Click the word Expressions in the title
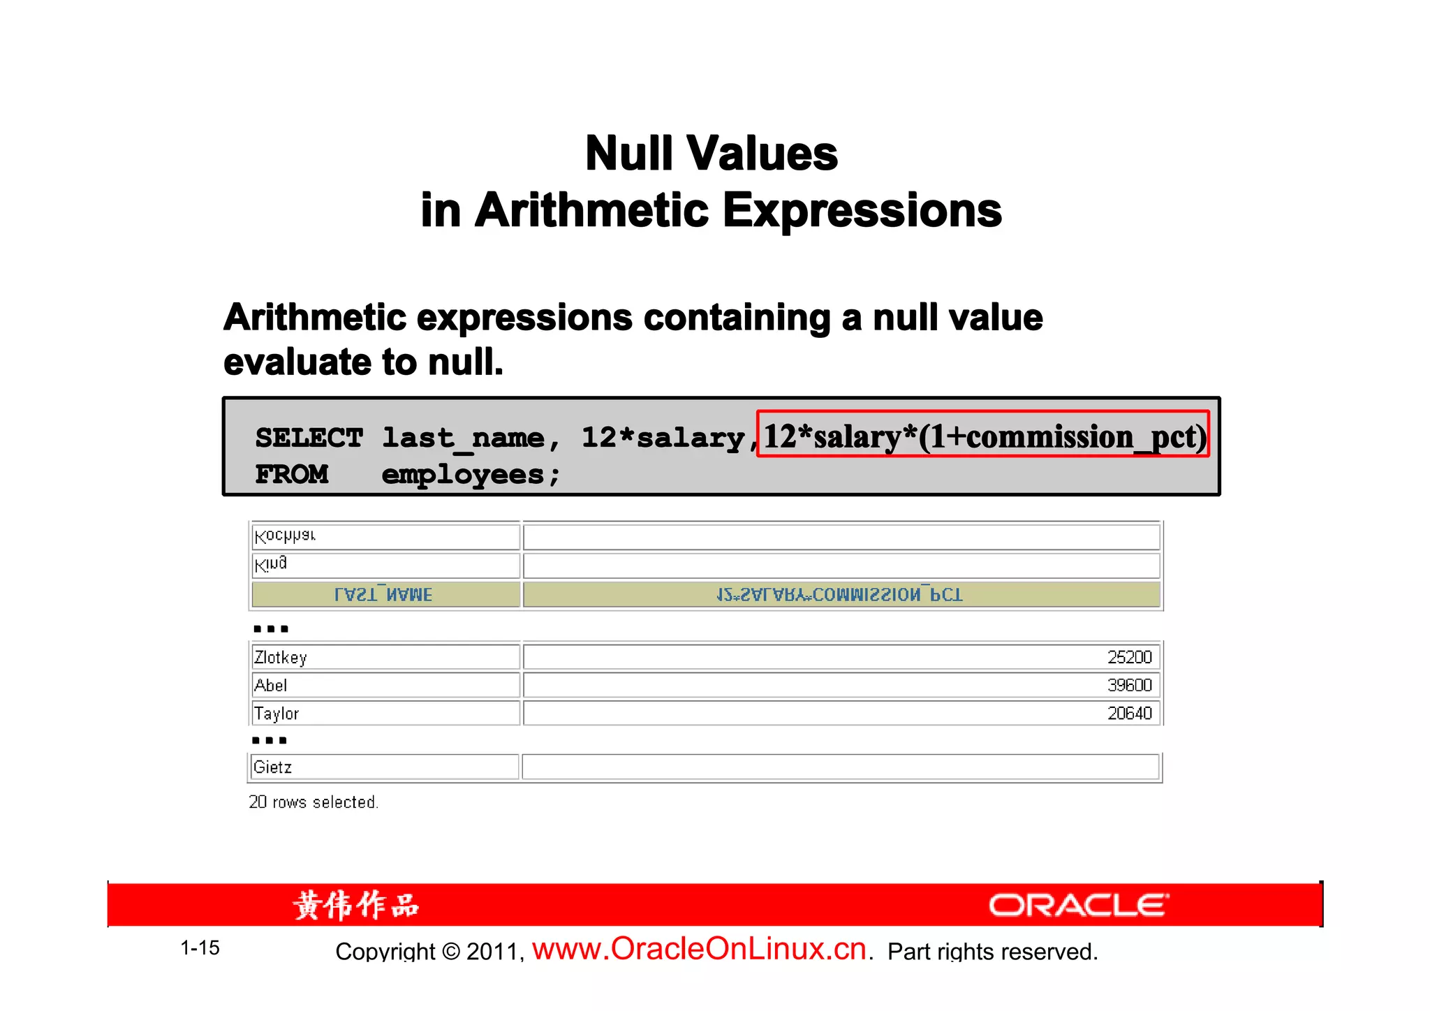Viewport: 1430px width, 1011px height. tap(862, 211)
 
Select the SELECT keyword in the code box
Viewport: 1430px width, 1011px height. tap(309, 438)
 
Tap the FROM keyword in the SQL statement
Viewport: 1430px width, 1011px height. tap(292, 475)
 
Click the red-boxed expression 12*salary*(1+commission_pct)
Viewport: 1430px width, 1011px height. tap(983, 434)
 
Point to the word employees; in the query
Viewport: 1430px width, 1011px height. tap(471, 475)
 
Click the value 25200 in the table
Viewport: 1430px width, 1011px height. tap(1129, 657)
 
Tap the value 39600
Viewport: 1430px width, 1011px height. tap(1129, 685)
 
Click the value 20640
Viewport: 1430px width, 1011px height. tap(1129, 713)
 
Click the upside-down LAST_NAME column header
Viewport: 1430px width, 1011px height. tap(383, 595)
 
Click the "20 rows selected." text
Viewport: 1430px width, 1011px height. tap(314, 802)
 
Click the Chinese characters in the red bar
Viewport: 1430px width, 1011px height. tap(356, 906)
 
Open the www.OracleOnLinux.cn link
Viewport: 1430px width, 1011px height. tap(700, 950)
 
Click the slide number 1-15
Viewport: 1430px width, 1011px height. tap(200, 948)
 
